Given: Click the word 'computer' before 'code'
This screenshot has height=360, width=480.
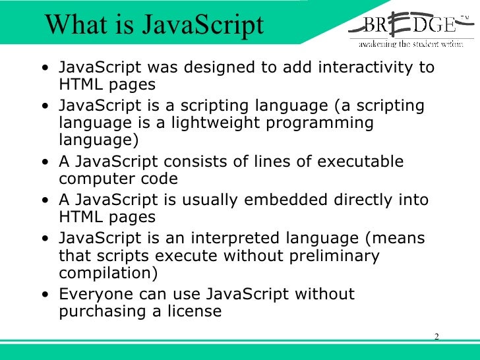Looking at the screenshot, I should click(x=96, y=179).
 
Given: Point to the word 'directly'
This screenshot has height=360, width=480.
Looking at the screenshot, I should click(x=367, y=200).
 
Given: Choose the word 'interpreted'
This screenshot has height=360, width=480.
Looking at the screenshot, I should click(x=251, y=237).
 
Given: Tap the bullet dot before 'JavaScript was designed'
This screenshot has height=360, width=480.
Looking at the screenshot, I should click(x=44, y=68).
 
